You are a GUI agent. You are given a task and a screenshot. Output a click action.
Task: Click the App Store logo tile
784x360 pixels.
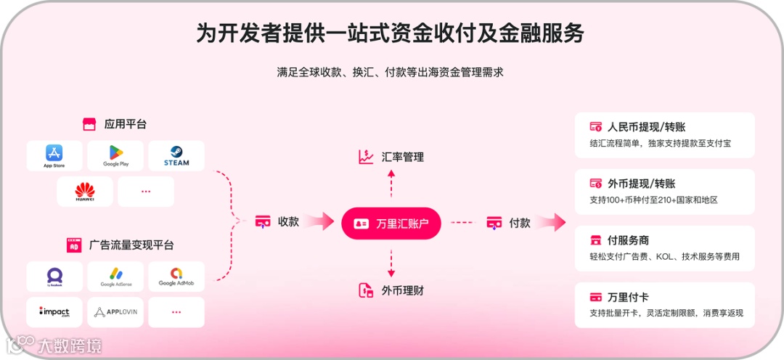pos(54,156)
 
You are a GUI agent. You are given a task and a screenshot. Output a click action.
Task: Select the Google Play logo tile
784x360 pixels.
pos(115,156)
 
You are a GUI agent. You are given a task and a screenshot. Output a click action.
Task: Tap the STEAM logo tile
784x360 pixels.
pos(176,156)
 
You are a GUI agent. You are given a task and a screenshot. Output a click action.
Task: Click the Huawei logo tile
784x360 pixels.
pos(85,192)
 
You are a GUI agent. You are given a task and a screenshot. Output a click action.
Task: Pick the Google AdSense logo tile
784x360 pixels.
pos(115,277)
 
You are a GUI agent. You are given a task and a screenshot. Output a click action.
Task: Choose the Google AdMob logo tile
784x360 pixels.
pos(176,277)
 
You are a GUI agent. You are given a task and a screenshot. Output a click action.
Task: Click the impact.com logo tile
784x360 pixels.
pos(54,312)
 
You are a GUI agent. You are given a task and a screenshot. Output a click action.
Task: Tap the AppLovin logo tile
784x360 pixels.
pos(115,312)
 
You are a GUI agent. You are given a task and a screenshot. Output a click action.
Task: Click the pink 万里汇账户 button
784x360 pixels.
pos(391,223)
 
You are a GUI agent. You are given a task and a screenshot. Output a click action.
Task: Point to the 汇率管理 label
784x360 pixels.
pos(402,157)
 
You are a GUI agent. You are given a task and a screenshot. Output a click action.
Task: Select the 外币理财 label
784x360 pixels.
pos(402,291)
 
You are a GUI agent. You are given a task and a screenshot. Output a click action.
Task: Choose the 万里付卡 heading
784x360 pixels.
pos(628,297)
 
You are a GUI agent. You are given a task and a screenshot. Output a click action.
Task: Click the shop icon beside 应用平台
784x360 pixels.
pos(89,124)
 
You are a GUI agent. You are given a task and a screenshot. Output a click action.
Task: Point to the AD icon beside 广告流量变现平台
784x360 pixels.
pos(73,245)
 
